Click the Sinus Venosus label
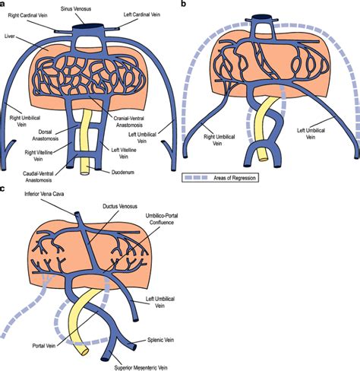point(76,9)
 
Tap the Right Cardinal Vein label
point(27,15)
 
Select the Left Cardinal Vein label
point(142,14)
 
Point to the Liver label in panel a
point(10,36)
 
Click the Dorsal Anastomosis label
point(46,135)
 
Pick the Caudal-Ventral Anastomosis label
point(38,177)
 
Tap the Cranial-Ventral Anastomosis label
point(128,122)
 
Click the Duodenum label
point(123,173)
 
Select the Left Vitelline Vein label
point(124,154)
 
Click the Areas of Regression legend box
point(220,178)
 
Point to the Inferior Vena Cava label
point(44,194)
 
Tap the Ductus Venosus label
point(120,206)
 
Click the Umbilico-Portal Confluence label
point(162,219)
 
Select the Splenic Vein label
point(161,340)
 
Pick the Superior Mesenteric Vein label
point(141,367)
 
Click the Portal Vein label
point(44,346)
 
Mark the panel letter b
point(184,4)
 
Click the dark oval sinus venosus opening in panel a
point(88,26)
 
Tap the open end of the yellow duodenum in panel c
point(84,352)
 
